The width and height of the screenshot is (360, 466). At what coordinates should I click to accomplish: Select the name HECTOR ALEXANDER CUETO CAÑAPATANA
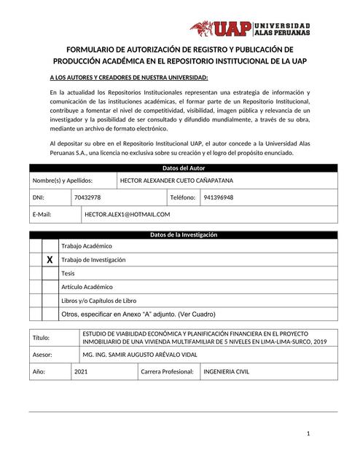pyautogui.click(x=176, y=180)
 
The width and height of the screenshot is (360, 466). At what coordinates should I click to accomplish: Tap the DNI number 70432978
pyautogui.click(x=87, y=197)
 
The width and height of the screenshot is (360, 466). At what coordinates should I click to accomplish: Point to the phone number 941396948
pyautogui.click(x=219, y=197)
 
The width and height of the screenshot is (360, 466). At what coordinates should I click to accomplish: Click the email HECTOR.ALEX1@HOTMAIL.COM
pyautogui.click(x=127, y=214)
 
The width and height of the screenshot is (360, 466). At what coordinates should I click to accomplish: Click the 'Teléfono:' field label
pyautogui.click(x=183, y=197)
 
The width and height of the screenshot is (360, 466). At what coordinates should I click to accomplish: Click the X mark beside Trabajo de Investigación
pyautogui.click(x=49, y=260)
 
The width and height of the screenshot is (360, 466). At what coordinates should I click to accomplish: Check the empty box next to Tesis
pyautogui.click(x=49, y=273)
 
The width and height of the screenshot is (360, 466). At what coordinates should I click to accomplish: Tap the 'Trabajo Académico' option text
pyautogui.click(x=87, y=246)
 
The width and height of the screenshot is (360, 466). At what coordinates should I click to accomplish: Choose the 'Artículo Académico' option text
pyautogui.click(x=87, y=287)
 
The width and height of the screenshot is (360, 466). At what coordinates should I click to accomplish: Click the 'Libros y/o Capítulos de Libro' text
pyautogui.click(x=98, y=300)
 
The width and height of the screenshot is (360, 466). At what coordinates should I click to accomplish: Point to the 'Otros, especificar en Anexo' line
pyautogui.click(x=138, y=314)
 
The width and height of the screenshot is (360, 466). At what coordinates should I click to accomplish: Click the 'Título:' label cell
pyautogui.click(x=42, y=338)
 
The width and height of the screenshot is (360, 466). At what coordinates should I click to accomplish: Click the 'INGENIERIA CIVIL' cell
pyautogui.click(x=226, y=371)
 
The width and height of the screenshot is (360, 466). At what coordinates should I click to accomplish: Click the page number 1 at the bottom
pyautogui.click(x=308, y=433)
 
